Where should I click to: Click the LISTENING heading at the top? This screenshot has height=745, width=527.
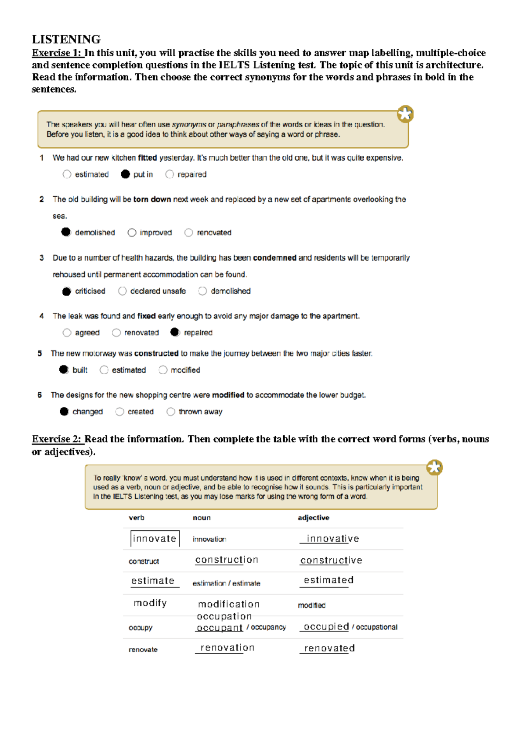(66, 40)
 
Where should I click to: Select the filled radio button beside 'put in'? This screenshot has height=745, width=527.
(126, 174)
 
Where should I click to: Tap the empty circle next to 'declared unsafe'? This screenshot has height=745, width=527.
(123, 291)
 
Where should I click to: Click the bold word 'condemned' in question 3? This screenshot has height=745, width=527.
(274, 258)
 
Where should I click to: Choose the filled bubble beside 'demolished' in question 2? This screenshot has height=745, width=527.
(66, 232)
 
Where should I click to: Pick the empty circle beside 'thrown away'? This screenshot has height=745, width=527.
(171, 412)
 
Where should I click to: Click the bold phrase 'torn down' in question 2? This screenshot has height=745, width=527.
(152, 199)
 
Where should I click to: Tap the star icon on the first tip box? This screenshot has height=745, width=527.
(405, 114)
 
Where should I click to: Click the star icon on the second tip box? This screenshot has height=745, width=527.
(434, 467)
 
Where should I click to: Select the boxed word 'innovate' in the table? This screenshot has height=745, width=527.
(155, 539)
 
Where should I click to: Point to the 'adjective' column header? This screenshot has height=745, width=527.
(313, 517)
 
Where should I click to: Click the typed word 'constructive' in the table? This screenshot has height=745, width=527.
(331, 561)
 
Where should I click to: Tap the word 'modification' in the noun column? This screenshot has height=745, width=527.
(229, 604)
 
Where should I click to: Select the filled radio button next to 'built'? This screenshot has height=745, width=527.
(64, 369)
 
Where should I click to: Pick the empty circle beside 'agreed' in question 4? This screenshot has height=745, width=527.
(67, 333)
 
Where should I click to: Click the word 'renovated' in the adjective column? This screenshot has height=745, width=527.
(329, 648)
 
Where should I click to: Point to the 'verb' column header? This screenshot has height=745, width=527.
(137, 517)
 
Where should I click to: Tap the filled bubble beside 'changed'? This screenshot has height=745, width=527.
(64, 412)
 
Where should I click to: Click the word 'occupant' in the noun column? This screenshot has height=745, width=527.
(220, 628)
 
